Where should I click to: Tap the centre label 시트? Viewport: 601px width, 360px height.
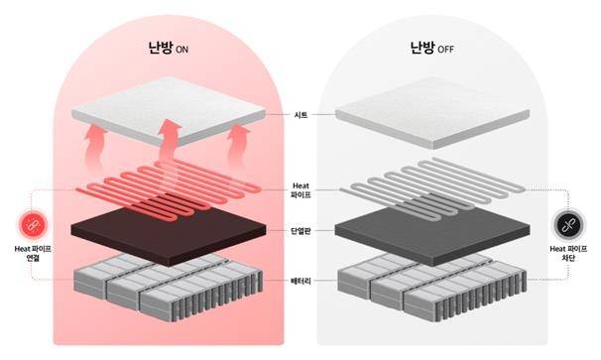301,116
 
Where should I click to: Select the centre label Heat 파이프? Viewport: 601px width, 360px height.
301,187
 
